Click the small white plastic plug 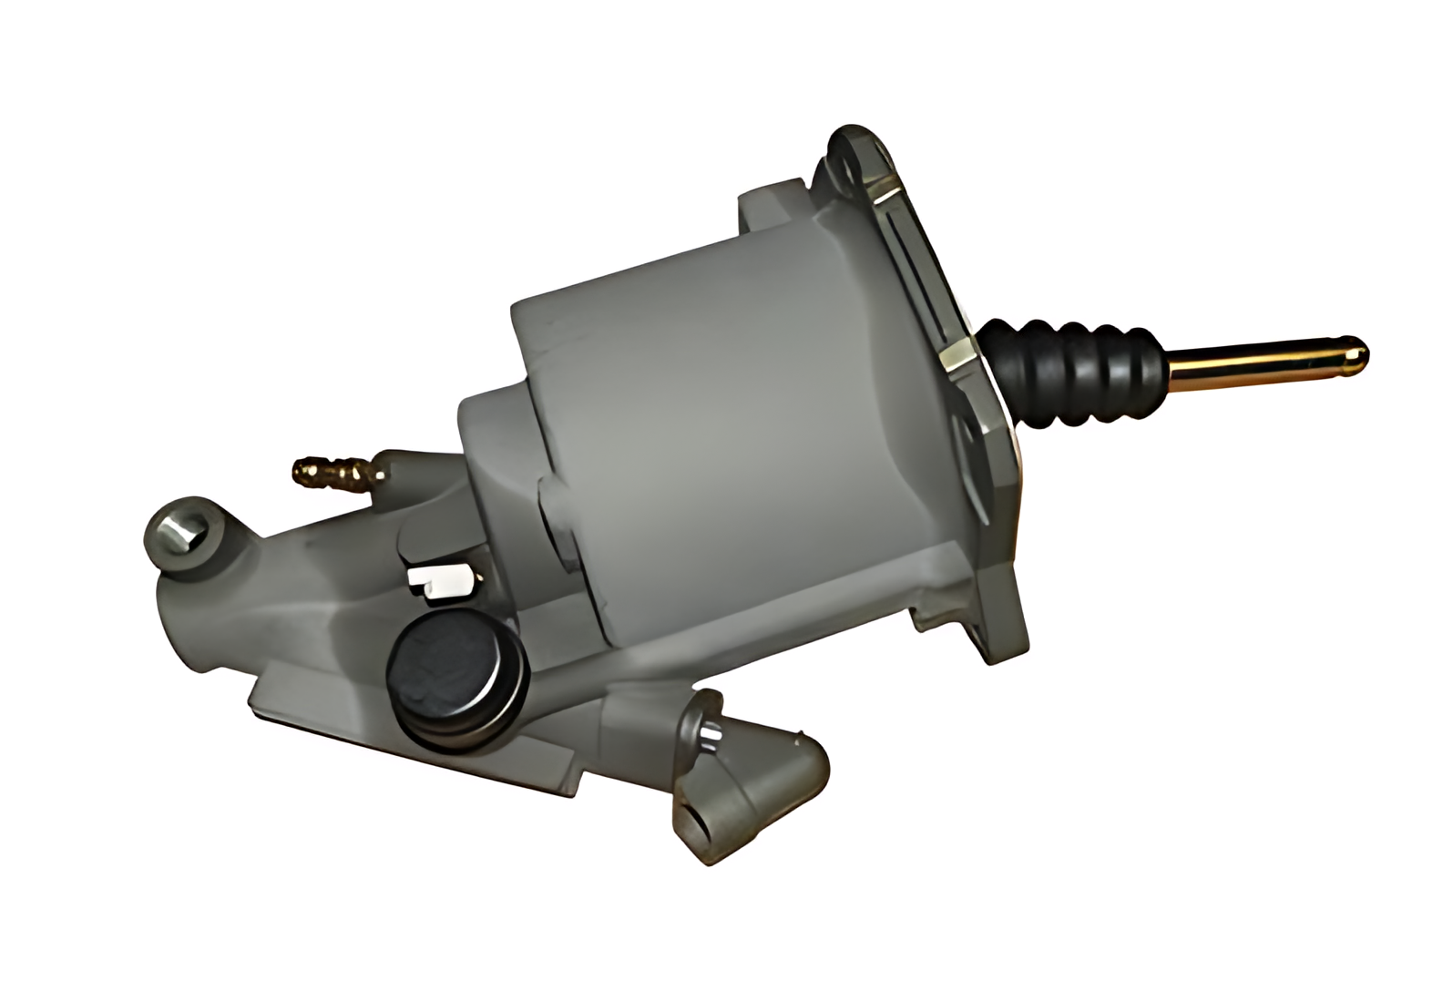coord(439,578)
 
